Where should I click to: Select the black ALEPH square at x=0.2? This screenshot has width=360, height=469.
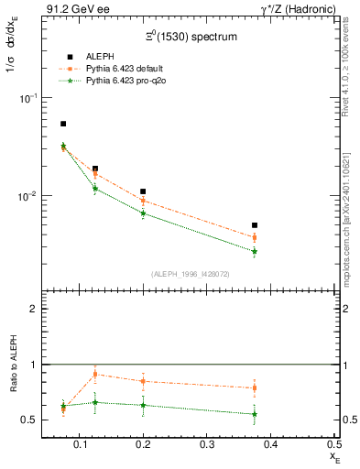click(143, 191)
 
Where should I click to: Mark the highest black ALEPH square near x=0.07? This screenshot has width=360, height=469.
click(63, 124)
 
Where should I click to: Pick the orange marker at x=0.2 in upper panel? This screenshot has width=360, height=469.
click(143, 201)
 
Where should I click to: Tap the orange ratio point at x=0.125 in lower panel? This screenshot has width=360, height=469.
click(95, 374)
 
